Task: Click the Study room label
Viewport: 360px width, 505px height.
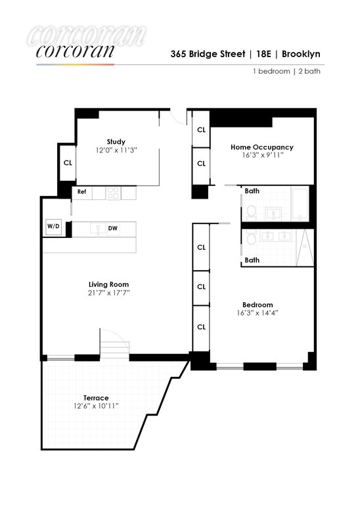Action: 116,142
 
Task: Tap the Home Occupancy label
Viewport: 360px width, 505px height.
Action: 262,147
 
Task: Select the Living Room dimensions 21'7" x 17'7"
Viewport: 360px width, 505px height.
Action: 109,293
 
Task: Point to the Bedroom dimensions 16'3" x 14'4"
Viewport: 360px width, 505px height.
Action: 258,313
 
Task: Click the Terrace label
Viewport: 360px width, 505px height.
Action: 96,398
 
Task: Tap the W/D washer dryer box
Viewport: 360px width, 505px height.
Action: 53,227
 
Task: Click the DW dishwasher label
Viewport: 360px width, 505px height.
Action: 112,228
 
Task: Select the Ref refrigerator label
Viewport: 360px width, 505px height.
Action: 81,191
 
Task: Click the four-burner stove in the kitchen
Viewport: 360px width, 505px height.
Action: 114,193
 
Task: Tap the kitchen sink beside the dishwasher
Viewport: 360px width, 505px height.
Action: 98,229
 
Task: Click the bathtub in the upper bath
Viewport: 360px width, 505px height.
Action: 300,204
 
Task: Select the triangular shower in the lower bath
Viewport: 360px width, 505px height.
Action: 304,248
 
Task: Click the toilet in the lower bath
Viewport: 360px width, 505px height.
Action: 251,237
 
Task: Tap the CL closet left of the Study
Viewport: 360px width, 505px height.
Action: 68,162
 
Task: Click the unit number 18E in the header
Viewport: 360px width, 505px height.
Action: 263,54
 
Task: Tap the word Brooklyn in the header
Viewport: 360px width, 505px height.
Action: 301,54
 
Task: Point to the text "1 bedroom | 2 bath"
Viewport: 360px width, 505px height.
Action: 286,71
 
